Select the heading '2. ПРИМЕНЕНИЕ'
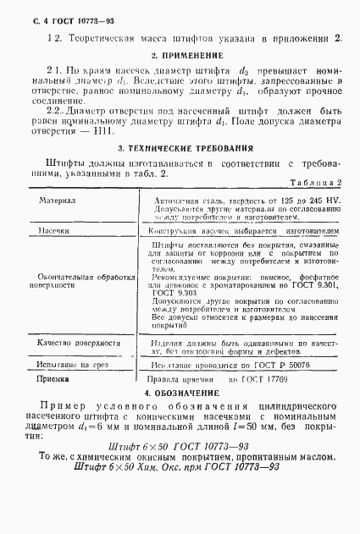(x=181, y=55)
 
